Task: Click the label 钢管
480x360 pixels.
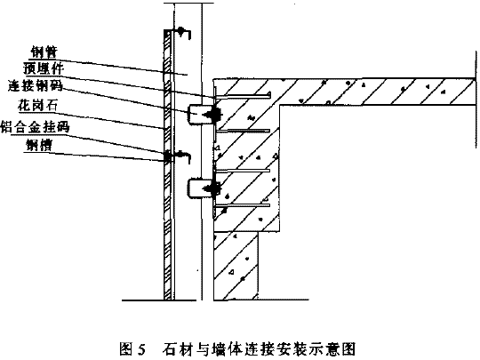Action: pos(44,52)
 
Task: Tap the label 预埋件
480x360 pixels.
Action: pos(44,68)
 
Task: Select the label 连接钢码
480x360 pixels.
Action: pos(36,85)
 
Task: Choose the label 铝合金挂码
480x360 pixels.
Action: pos(36,127)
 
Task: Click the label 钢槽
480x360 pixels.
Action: pos(39,145)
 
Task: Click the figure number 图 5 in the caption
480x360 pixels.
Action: pos(132,348)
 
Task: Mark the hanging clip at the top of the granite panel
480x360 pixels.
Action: pos(182,31)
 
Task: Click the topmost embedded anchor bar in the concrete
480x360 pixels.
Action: pos(243,96)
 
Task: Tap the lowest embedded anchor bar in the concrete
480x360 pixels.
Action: pos(243,205)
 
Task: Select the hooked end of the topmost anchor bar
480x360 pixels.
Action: pos(269,94)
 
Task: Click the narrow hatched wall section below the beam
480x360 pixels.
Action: pos(236,266)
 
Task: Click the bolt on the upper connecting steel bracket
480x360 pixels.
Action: pos(213,115)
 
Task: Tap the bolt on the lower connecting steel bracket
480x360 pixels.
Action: pos(213,188)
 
